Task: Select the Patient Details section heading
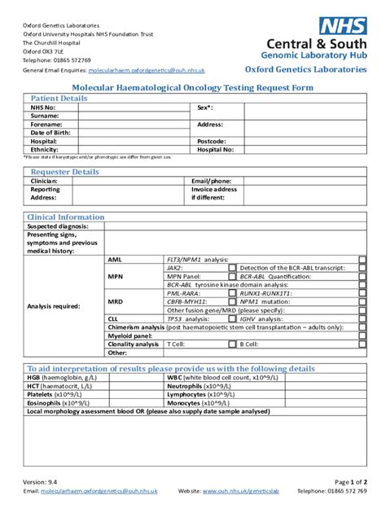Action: (x=59, y=99)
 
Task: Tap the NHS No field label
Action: (x=43, y=107)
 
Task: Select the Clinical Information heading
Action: (x=66, y=217)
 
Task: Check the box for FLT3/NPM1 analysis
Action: (x=362, y=259)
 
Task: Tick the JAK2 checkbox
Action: (x=232, y=267)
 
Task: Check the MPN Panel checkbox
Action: (x=232, y=276)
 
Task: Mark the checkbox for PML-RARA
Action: (x=232, y=293)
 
